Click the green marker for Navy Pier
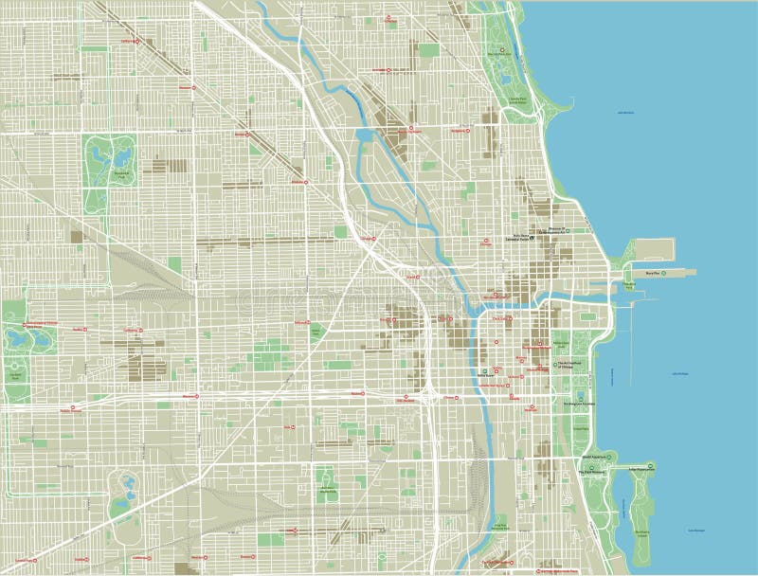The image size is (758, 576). [x=663, y=272]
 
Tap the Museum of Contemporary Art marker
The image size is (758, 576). [x=579, y=230]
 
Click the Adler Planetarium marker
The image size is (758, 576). [x=653, y=466]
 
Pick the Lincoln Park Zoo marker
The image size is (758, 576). [x=502, y=49]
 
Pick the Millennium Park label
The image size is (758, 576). [x=560, y=343]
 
